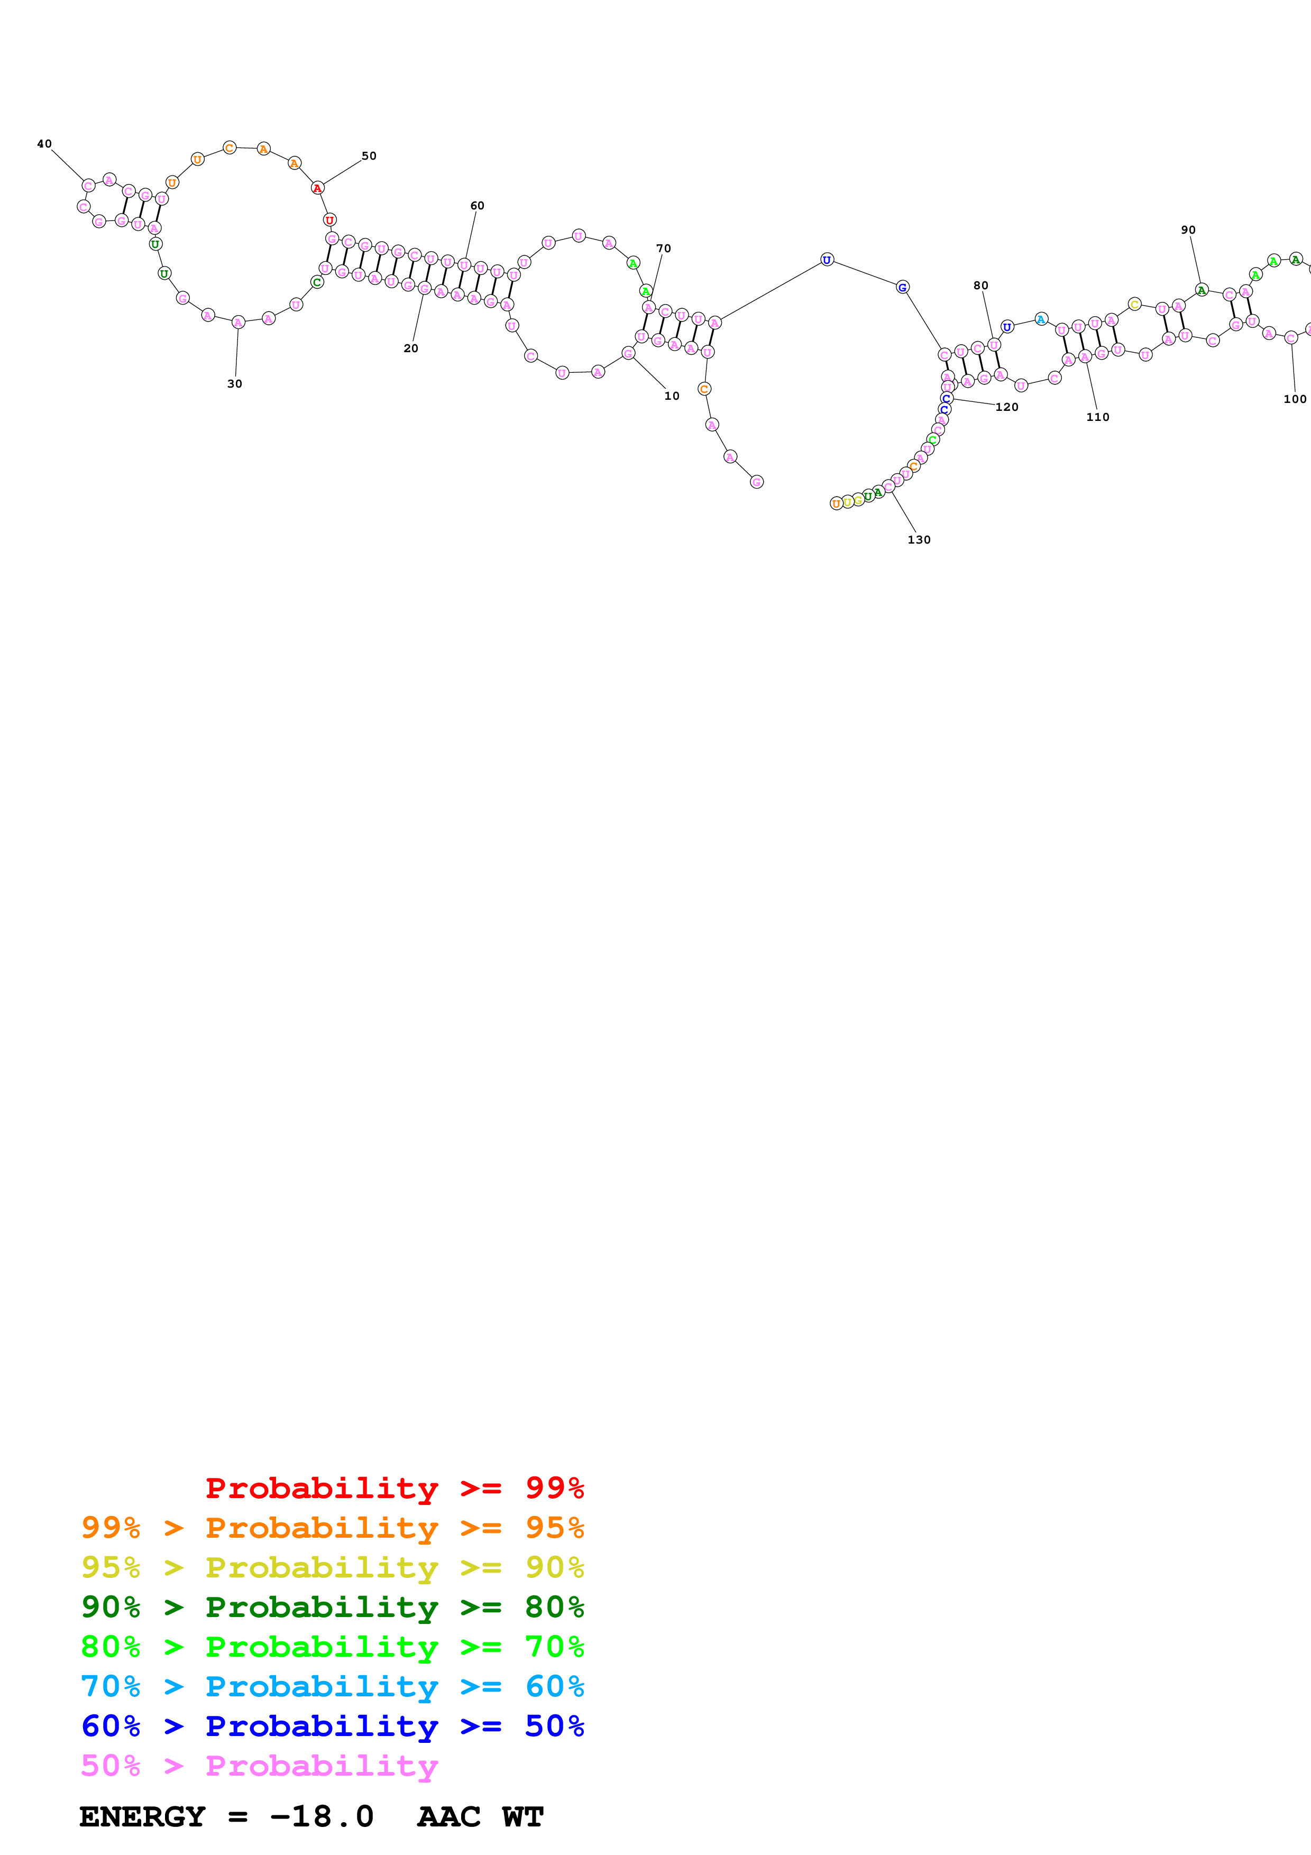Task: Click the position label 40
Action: (x=44, y=144)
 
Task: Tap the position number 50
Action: (x=369, y=156)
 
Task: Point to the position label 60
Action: (x=478, y=206)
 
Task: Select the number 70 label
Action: (x=663, y=249)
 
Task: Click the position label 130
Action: (x=919, y=540)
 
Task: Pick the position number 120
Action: (x=1006, y=407)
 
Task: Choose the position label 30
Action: (x=234, y=384)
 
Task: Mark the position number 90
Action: (x=1188, y=230)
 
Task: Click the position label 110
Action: (x=1098, y=417)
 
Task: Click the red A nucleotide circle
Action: (x=317, y=188)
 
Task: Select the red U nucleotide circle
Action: (x=329, y=220)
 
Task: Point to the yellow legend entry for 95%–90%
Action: (x=332, y=1567)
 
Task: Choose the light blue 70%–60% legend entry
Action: (x=332, y=1686)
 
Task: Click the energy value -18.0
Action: (x=322, y=1816)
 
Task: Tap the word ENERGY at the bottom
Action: (x=142, y=1816)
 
